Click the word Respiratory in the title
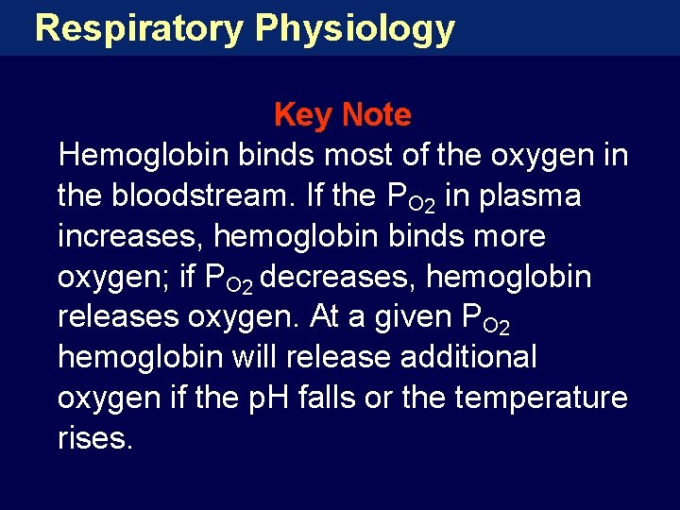point(138,28)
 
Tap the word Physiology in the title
point(355,28)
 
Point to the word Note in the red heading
point(377,115)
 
